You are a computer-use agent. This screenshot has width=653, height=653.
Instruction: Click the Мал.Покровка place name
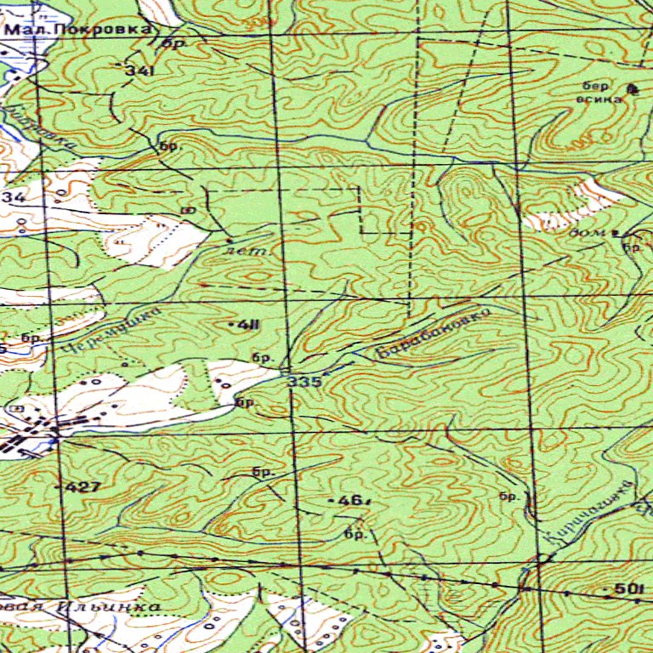pos(79,29)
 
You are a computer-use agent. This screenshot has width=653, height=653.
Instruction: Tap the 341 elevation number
pos(139,71)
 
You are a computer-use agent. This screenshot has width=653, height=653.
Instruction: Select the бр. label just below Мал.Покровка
pos(173,43)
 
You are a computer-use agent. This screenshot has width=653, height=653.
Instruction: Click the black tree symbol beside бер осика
pos(631,88)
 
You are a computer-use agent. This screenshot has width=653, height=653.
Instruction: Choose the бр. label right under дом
pos(632,247)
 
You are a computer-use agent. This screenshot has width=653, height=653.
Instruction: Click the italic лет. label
pos(247,251)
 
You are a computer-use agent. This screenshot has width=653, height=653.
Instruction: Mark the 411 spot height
pos(247,325)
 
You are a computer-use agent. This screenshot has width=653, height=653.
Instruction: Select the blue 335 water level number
pos(304,382)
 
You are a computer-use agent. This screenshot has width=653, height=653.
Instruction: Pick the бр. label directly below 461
pos(355,535)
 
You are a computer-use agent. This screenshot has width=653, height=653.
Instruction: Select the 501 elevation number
pos(627,589)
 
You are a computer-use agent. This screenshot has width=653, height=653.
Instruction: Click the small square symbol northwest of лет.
pos(188,208)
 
